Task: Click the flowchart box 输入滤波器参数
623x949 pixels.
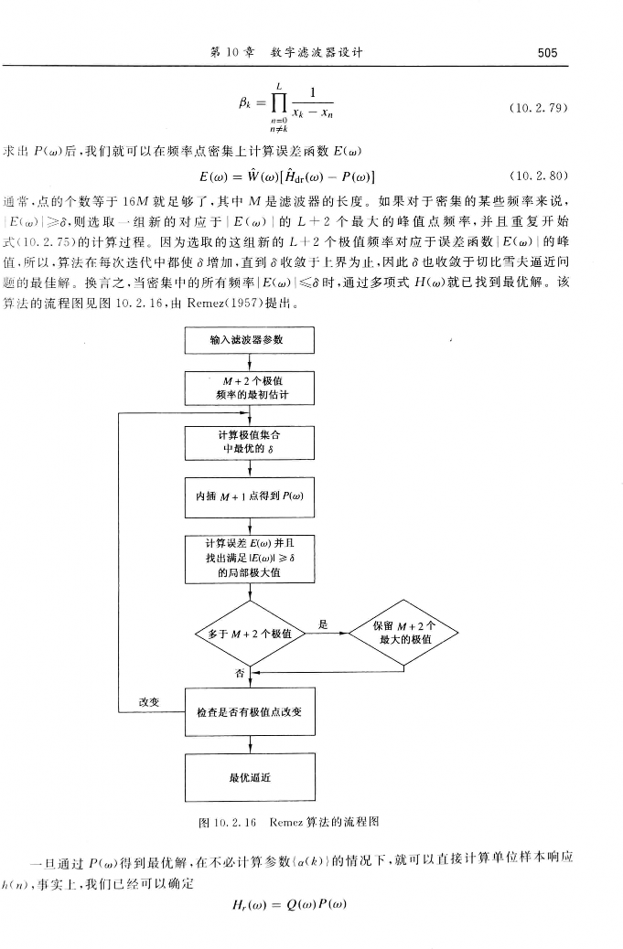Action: [x=250, y=340]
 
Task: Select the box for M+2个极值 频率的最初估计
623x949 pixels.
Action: [x=250, y=388]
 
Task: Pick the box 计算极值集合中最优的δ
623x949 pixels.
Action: [x=250, y=443]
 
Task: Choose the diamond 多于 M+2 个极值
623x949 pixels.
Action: [x=250, y=634]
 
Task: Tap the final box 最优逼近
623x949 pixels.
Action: [x=250, y=778]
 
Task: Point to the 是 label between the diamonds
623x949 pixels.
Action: [x=323, y=624]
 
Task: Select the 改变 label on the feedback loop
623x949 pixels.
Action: [x=149, y=700]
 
